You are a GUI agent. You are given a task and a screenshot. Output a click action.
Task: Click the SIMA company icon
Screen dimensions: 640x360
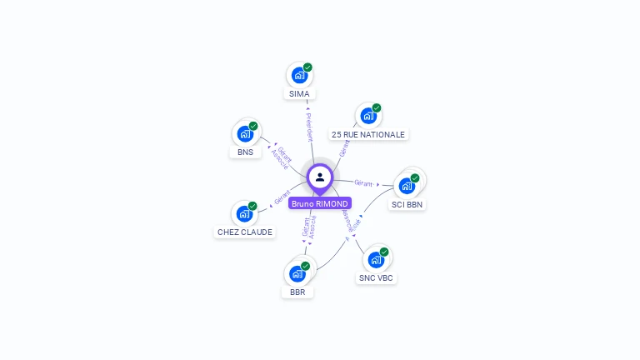(x=299, y=75)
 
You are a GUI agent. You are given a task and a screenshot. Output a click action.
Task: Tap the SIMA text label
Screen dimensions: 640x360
(x=299, y=94)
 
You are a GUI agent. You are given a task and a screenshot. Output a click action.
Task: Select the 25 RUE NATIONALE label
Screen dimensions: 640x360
(x=367, y=134)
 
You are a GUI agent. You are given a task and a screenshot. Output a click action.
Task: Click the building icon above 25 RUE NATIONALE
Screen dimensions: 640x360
(x=367, y=116)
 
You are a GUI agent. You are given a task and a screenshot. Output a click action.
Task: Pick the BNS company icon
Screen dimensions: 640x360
(x=245, y=133)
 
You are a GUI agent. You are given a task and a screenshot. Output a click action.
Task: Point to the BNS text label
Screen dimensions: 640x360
(x=245, y=152)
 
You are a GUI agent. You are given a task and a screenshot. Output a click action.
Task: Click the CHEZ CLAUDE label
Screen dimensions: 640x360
(x=245, y=232)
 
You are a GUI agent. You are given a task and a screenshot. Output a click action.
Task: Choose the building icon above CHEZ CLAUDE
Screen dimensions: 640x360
(x=245, y=213)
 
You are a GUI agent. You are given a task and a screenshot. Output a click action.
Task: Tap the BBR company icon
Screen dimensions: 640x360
(x=297, y=273)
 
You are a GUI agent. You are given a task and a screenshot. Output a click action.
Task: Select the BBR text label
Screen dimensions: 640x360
(x=297, y=292)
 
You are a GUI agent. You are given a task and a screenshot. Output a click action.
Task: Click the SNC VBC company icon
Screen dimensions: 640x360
(x=376, y=259)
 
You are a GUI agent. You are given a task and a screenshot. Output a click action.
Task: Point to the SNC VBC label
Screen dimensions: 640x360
(x=376, y=278)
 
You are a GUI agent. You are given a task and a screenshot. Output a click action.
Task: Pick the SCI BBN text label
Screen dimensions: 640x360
(x=407, y=204)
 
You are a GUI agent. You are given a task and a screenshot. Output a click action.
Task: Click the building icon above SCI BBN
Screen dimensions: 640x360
(x=407, y=185)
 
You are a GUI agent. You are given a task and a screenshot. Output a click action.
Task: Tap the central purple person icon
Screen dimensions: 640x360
(x=320, y=177)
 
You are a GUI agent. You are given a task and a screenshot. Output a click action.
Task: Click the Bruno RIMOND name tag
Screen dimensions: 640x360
(x=320, y=203)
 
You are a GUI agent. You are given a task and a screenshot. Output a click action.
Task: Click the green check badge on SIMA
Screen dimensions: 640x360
(x=307, y=67)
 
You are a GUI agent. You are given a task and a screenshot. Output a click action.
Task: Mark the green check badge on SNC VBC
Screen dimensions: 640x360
(x=384, y=252)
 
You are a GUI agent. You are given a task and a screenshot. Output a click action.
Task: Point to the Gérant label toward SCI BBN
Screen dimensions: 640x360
(x=363, y=182)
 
